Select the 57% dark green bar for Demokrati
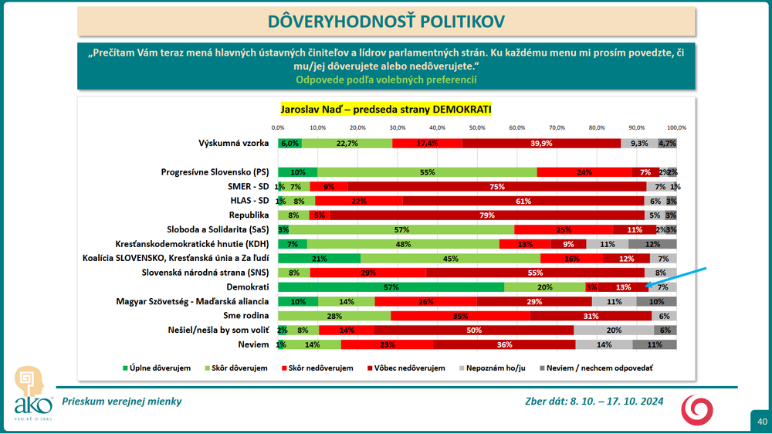tap(391, 287)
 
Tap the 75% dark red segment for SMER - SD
tap(498, 187)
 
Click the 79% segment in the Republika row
tap(486, 215)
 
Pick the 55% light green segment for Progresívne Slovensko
tap(427, 172)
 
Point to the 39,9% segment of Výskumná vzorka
tap(541, 144)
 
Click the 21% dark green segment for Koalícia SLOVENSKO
tap(319, 258)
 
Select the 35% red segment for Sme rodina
tap(461, 315)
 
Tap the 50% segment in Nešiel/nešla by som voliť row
tap(474, 330)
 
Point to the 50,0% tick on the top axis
tap(477, 127)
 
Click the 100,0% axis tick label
tap(676, 127)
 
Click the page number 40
tap(761, 421)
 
